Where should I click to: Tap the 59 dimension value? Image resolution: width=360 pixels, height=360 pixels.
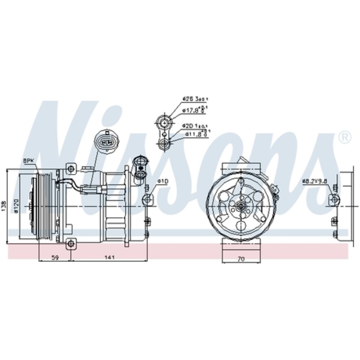coord(55,257)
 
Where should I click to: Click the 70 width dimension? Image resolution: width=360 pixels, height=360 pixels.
coord(241,258)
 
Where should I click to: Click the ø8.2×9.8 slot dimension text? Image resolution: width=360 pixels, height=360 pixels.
coord(314,181)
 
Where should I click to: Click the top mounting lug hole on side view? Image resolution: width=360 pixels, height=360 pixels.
coord(72,168)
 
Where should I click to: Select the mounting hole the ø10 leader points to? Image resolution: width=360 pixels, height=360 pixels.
coord(147,199)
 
